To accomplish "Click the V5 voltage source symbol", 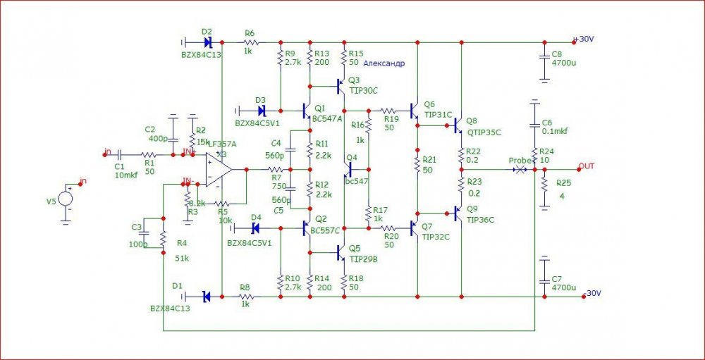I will coord(66,198).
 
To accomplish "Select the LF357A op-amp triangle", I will coord(219,170).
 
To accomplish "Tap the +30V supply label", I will coord(586,39).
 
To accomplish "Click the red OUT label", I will coord(587,166).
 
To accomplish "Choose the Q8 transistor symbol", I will coord(458,125).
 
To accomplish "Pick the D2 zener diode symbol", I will coord(206,42).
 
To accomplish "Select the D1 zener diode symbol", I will coord(206,297).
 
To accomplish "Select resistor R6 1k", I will coord(251,42).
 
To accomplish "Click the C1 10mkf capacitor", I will coord(121,154).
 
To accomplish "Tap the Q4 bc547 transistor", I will coord(350,169).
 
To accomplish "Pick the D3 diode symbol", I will coord(262,111).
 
